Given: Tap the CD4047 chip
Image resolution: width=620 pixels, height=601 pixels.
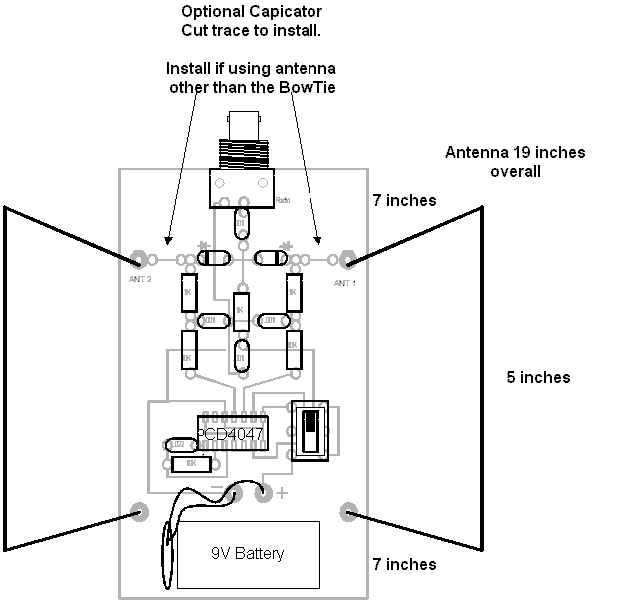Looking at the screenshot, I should coord(231,434).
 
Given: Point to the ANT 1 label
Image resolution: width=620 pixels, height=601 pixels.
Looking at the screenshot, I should coord(344,284).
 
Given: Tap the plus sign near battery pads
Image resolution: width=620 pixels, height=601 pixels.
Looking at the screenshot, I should coord(282,492).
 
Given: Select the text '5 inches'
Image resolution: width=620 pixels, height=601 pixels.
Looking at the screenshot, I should coord(537,377).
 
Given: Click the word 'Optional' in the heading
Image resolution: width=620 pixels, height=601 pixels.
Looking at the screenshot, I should coord(213,13).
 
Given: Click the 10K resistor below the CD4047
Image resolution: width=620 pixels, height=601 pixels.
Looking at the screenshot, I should coord(190,464).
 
